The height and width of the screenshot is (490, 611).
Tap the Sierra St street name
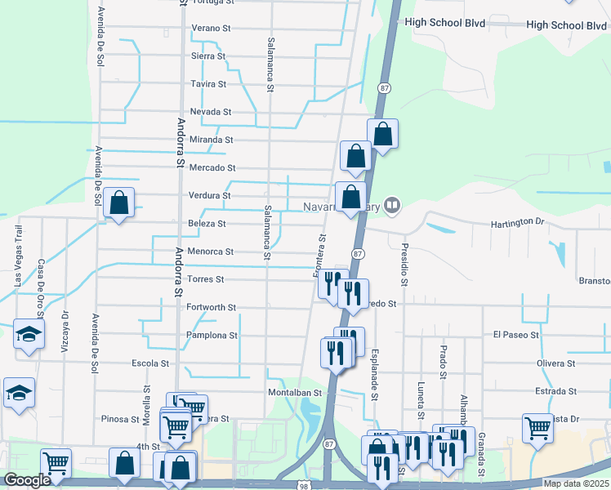coord(207,56)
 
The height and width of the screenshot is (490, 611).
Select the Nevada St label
coord(211,112)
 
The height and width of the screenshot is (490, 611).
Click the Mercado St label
coord(212,167)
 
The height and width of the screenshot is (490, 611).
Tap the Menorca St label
coord(211,252)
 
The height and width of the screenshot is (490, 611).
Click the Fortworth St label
coord(211,307)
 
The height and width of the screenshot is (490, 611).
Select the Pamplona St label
coord(211,335)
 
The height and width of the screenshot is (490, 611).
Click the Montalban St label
coord(291,392)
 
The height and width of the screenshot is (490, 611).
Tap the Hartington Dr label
coord(517,222)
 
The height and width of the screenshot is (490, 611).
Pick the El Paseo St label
coord(515,335)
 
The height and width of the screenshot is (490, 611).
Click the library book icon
coord(393,205)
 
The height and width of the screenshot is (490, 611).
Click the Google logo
coord(28,480)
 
